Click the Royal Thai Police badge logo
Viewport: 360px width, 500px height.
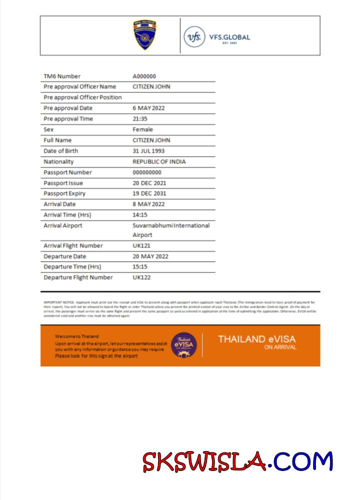point(144,35)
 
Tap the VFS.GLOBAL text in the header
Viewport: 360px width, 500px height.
point(230,37)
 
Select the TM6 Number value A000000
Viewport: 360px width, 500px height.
point(144,76)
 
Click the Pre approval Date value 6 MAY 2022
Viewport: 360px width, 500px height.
point(148,108)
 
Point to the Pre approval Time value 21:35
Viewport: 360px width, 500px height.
point(140,119)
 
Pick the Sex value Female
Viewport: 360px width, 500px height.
point(142,129)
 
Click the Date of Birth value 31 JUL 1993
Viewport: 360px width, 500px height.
point(148,151)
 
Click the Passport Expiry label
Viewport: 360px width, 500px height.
point(64,193)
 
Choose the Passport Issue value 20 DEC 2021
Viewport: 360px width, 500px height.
point(149,183)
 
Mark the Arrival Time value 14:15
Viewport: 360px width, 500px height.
point(140,214)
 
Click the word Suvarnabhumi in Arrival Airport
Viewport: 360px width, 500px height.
point(153,225)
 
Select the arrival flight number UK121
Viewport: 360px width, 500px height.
point(141,245)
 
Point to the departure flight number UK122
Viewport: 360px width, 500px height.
point(141,277)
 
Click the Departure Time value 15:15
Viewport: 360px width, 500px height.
point(140,266)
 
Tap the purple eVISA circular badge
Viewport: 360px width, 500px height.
point(184,344)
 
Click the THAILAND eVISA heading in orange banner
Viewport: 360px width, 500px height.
point(256,339)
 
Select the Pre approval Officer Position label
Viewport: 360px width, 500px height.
point(82,97)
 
